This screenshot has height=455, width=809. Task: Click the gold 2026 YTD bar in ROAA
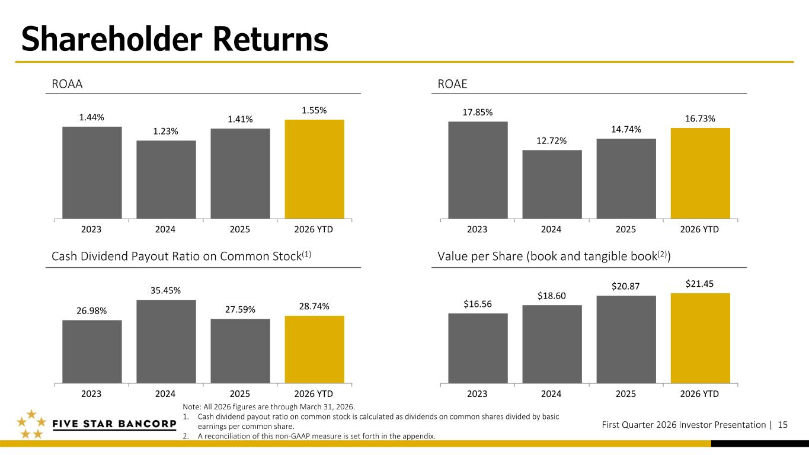(314, 169)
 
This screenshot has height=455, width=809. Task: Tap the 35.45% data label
(166, 290)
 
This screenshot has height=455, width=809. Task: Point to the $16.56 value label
(478, 304)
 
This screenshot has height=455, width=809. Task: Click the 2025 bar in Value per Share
(626, 339)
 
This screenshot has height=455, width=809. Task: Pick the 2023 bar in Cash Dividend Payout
(92, 351)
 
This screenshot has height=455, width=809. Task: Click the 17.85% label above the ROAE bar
(478, 112)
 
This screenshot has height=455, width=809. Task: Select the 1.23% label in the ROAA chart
(166, 131)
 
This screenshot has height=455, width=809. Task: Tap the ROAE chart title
(452, 84)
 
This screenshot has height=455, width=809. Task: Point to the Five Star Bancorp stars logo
(31, 425)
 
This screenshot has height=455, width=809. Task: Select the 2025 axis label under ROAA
(240, 229)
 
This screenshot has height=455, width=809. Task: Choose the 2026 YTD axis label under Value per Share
(700, 393)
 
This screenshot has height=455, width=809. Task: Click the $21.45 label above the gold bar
(700, 284)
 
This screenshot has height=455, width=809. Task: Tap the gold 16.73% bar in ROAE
(700, 173)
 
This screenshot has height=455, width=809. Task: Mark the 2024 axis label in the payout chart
(166, 393)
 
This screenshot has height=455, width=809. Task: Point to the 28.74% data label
(314, 306)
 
